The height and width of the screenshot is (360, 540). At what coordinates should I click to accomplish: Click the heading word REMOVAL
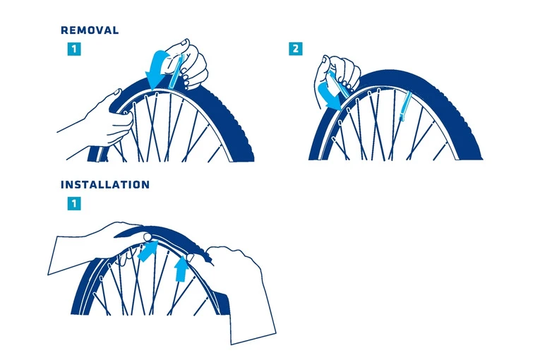[90, 31]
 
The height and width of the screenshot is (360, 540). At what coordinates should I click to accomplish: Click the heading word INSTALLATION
[105, 185]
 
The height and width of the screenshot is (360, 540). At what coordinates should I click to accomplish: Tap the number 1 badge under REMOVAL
[74, 50]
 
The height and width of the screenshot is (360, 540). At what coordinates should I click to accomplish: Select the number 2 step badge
[295, 50]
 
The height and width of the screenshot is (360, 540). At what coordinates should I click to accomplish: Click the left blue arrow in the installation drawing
[148, 251]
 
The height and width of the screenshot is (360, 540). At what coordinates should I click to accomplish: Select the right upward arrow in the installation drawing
[182, 267]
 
